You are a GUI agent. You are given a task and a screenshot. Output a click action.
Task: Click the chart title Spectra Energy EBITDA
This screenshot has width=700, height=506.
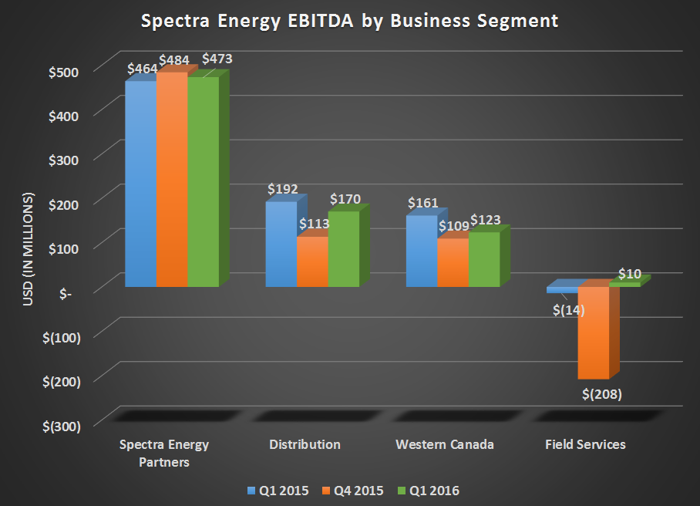pos(349,21)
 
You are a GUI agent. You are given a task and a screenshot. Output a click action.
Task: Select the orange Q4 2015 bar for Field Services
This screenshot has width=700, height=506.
pos(594,332)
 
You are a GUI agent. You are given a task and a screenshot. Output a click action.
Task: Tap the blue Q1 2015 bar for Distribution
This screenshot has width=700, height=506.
pos(281,243)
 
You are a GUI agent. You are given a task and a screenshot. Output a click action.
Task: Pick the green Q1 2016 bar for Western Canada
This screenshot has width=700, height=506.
pos(484,259)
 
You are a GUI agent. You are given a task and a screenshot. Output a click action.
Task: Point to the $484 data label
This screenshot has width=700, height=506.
pos(174,60)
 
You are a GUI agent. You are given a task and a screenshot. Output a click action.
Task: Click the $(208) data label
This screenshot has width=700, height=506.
pos(601,394)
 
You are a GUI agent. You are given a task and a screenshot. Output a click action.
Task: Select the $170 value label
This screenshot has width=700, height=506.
pos(345,199)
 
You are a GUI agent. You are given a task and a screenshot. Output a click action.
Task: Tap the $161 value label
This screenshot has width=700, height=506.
pos(422,204)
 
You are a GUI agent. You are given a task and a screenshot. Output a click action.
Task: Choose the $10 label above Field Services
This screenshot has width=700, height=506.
pos(629,274)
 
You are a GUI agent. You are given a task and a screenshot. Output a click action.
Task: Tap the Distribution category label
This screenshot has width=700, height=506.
pos(305,445)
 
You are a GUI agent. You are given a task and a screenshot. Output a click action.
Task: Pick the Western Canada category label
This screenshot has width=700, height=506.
pos(445,445)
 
